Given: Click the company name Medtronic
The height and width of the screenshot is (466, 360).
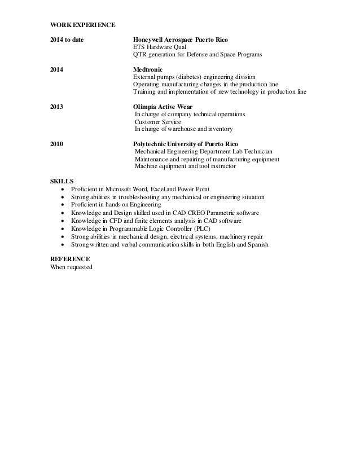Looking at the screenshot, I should click(x=147, y=68).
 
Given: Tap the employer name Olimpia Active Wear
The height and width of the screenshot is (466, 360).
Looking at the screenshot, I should click(x=163, y=106).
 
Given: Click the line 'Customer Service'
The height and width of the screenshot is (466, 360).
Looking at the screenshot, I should click(x=158, y=121).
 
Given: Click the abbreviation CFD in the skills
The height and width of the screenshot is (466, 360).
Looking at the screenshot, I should click(x=115, y=221).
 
